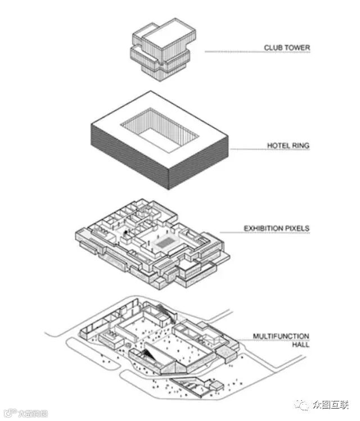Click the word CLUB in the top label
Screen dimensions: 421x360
274,48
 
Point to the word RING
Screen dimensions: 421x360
301,146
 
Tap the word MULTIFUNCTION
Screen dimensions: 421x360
281,337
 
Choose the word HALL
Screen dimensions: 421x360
300,345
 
